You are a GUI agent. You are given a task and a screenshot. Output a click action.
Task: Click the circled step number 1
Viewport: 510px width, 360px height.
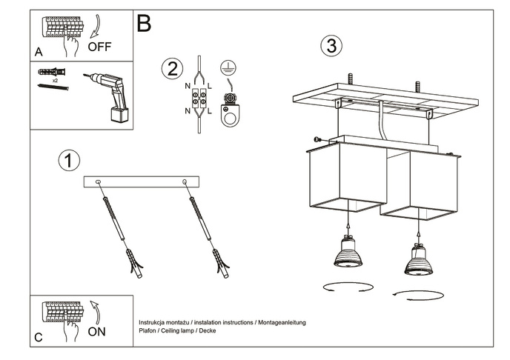coord(68,159)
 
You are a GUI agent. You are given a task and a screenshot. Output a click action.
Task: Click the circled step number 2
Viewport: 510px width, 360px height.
coord(171,69)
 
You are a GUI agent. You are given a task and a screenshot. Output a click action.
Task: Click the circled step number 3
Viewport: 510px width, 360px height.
coord(331,45)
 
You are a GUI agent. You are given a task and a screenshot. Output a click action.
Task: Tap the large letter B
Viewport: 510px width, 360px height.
coord(144,24)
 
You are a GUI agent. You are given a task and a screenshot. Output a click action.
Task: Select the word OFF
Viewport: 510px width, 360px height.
coord(99,46)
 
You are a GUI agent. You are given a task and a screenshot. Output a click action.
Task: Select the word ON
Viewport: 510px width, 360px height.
coord(96,331)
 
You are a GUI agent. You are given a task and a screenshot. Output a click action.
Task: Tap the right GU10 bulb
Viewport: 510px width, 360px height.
coord(418,258)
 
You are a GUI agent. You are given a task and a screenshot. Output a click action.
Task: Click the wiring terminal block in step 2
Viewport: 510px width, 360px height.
coord(200,100)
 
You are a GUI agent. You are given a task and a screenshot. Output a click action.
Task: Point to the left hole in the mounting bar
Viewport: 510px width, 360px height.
coord(101,181)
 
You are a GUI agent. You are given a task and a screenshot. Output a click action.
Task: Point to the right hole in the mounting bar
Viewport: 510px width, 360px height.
coord(183,181)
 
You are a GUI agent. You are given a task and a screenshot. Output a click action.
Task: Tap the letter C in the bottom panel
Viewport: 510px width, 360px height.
coord(38,338)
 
